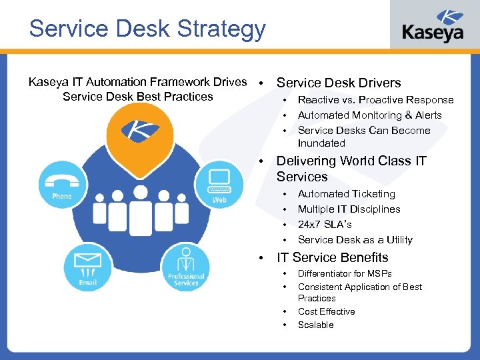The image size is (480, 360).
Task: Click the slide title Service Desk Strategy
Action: click(147, 29)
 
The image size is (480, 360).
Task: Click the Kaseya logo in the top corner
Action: click(433, 27)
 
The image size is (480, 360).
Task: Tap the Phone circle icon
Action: click(61, 183)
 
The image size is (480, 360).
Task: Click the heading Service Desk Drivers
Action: click(338, 83)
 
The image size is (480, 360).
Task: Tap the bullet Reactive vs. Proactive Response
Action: click(375, 100)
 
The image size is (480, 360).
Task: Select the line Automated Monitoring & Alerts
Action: click(369, 115)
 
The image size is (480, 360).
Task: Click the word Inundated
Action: click(321, 143)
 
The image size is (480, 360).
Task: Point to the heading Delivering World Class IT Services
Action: click(351, 169)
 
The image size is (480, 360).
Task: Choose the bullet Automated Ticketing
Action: click(346, 194)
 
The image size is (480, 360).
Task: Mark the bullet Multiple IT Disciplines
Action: click(349, 209)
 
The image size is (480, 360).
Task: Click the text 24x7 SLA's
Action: click(325, 225)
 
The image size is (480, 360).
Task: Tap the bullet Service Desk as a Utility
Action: click(355, 240)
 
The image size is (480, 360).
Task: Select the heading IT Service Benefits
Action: click(332, 257)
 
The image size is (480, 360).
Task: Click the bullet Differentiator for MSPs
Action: click(345, 274)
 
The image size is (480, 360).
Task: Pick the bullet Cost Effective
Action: click(326, 311)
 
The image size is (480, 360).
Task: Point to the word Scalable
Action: click(315, 325)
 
